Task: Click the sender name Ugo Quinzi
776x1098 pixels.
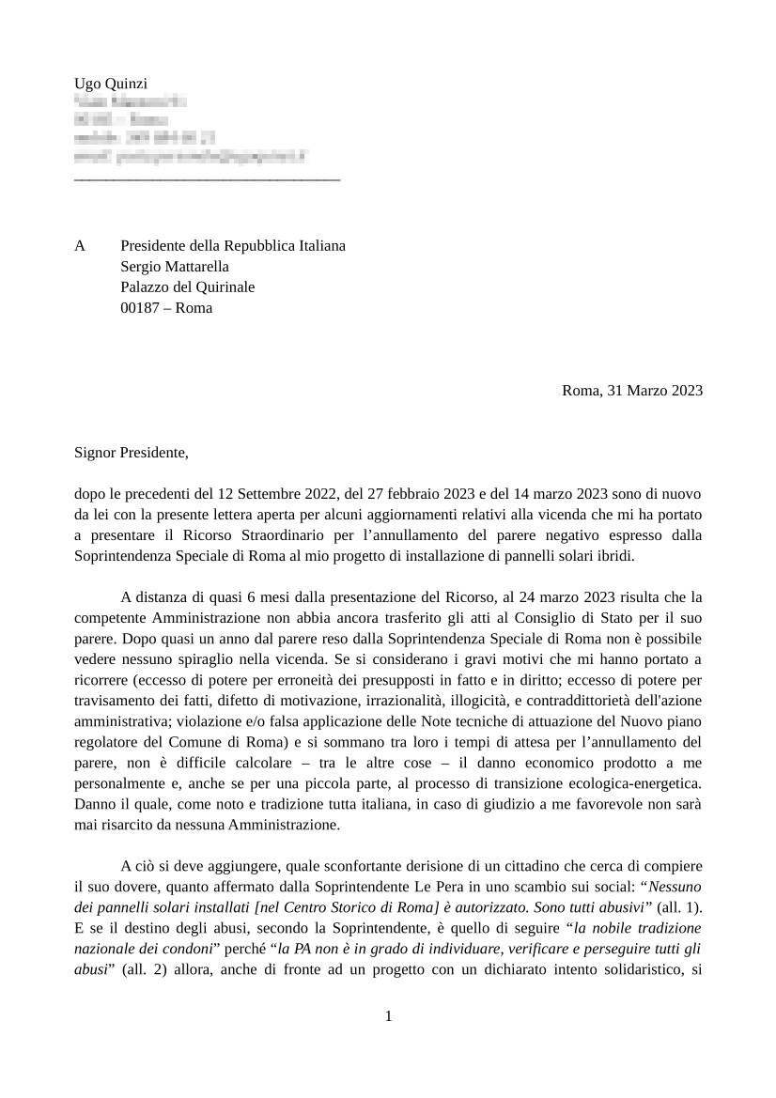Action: coord(111,85)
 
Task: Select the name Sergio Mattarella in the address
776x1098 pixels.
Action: coord(175,267)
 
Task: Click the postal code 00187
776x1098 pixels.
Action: coord(141,308)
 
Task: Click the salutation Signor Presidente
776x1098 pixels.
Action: coord(132,453)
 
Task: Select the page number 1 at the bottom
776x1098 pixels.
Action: coord(388,1016)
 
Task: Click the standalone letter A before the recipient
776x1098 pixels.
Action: coord(80,246)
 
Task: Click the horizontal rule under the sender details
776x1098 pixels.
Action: coord(207,177)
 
